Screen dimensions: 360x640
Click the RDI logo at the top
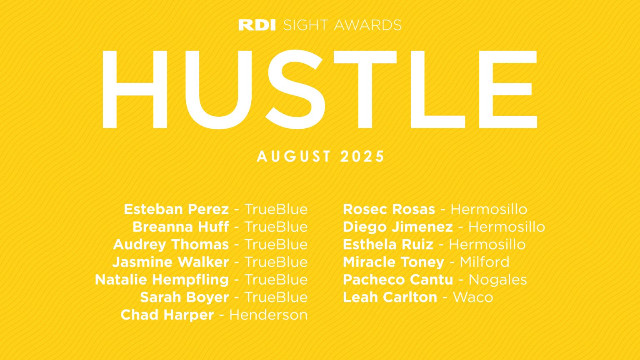[x=257, y=25]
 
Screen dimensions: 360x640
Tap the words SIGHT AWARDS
[x=342, y=25]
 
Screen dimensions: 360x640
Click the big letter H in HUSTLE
[x=134, y=89]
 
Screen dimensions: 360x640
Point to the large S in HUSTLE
[x=295, y=89]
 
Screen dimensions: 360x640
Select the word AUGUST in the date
[x=294, y=157]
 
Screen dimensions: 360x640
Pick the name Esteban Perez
[x=176, y=209]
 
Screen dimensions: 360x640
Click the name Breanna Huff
[x=181, y=227]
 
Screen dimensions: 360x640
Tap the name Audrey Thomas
[x=171, y=245]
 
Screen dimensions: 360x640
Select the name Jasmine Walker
[x=170, y=262]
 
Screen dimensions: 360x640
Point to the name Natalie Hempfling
[x=162, y=280]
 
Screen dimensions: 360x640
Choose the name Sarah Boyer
[x=184, y=297]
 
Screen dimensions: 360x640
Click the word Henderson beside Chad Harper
[x=268, y=315]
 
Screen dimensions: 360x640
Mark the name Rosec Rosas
[x=389, y=209]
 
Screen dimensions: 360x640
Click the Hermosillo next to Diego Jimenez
[x=507, y=227]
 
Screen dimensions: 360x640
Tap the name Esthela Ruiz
[x=388, y=245]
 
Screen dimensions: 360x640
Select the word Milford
[x=484, y=262]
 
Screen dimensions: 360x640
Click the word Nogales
[x=497, y=280]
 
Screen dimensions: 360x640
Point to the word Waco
[x=472, y=297]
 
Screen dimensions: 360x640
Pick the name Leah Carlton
[x=390, y=297]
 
